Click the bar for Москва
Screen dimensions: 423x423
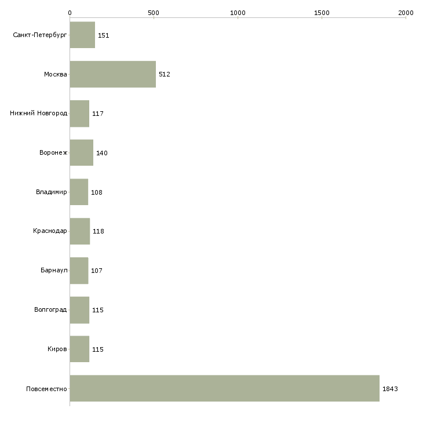[x=113, y=74]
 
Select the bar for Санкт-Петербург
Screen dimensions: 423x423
[x=82, y=35]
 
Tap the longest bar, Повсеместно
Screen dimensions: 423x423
[x=225, y=388]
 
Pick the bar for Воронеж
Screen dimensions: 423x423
[x=82, y=153]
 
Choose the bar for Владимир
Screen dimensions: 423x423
[x=79, y=192]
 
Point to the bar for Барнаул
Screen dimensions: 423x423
[x=79, y=271]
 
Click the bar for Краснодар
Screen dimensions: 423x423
[x=80, y=231]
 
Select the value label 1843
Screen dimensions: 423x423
[x=390, y=389]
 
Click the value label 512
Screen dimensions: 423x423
[x=165, y=74]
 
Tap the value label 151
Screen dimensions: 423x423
[x=103, y=35]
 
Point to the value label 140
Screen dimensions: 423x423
[x=102, y=153]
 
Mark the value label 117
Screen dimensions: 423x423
[x=98, y=114]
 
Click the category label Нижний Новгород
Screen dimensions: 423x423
[x=39, y=113]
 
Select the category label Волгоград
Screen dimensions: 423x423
[x=50, y=309]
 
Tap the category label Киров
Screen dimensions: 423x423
[x=57, y=349]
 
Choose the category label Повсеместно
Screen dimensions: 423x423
[x=46, y=389]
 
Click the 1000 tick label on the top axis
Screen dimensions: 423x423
[x=238, y=13]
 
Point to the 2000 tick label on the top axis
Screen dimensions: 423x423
[x=406, y=13]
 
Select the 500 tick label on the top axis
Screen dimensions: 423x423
[x=154, y=13]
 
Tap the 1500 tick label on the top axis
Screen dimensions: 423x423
[x=322, y=13]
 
